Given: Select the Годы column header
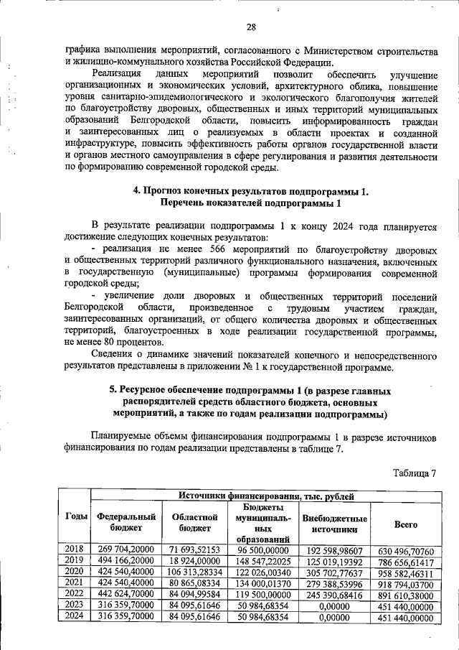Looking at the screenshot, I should pyautogui.click(x=77, y=517).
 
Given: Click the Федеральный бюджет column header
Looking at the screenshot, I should pyautogui.click(x=126, y=522).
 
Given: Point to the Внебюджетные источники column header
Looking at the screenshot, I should pyautogui.click(x=335, y=523).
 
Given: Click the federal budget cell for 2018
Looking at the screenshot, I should pyautogui.click(x=126, y=549).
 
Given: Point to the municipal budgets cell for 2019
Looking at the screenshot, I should pyautogui.click(x=265, y=560).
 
